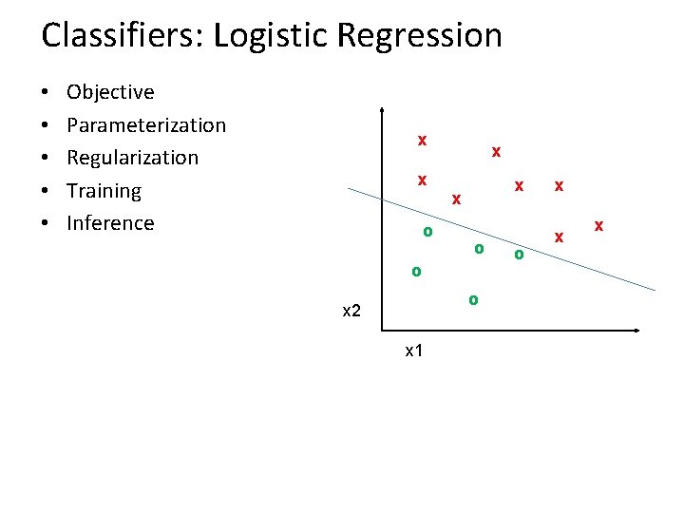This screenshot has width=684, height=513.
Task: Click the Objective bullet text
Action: click(x=110, y=92)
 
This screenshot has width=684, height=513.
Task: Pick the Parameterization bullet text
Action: click(x=146, y=125)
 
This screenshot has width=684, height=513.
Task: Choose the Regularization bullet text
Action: click(x=132, y=158)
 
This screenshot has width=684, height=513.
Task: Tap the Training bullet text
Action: click(x=104, y=191)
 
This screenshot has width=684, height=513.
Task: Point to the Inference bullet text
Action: click(x=110, y=223)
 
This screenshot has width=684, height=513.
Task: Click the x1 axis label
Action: click(x=414, y=351)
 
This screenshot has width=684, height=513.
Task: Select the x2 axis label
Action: click(x=351, y=312)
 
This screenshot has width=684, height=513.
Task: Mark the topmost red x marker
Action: click(x=422, y=141)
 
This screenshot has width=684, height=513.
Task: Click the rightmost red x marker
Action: click(x=598, y=225)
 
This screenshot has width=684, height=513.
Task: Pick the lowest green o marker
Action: click(x=473, y=299)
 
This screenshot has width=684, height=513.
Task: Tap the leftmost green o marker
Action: click(x=415, y=272)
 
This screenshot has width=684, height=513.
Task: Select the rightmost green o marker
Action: click(x=519, y=254)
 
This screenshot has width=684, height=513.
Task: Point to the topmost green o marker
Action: click(x=427, y=231)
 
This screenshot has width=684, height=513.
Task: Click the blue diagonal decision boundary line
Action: click(x=503, y=238)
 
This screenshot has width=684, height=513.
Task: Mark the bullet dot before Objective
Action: click(x=46, y=93)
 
